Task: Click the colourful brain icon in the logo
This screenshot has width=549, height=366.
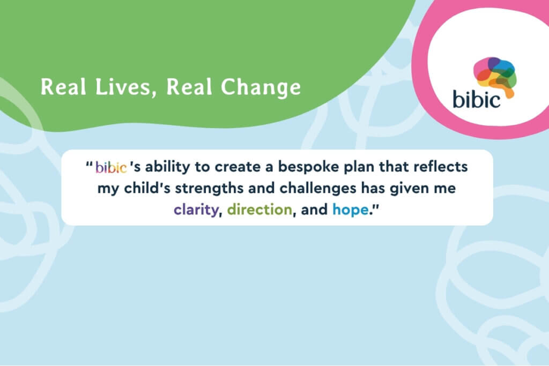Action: (x=494, y=75)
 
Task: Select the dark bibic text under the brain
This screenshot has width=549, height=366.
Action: (x=477, y=99)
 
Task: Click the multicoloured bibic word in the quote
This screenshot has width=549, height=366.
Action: (x=111, y=168)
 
